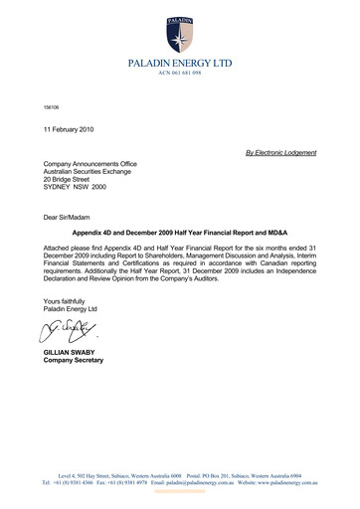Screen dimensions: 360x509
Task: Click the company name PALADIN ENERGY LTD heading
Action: point(180,64)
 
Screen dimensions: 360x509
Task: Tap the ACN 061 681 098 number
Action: point(180,74)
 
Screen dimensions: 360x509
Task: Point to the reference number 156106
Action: point(50,106)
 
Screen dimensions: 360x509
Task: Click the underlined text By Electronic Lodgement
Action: point(280,152)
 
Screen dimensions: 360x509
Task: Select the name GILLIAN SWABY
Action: point(71,354)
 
